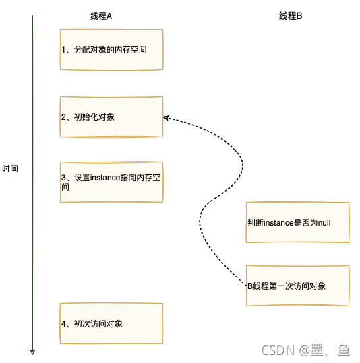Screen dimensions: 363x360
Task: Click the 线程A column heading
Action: pyautogui.click(x=100, y=16)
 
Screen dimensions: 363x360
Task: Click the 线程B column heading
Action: pyautogui.click(x=291, y=16)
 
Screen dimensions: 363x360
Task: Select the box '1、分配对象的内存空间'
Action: pyautogui.click(x=111, y=49)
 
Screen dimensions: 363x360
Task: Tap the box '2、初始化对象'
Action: pyautogui.click(x=111, y=117)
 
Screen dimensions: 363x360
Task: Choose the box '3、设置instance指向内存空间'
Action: pyautogui.click(x=111, y=182)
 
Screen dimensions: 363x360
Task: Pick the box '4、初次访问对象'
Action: pyautogui.click(x=111, y=323)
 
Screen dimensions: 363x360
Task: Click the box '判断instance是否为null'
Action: pyautogui.click(x=297, y=222)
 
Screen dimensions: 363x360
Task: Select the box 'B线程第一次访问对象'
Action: pyautogui.click(x=297, y=286)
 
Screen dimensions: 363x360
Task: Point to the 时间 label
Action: pyautogui.click(x=10, y=169)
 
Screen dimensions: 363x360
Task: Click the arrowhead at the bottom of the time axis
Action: pyautogui.click(x=32, y=350)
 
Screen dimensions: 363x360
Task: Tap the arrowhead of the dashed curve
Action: pyautogui.click(x=166, y=117)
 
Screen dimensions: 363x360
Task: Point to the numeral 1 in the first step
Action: pyautogui.click(x=64, y=49)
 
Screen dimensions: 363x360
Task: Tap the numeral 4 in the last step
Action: pyautogui.click(x=64, y=324)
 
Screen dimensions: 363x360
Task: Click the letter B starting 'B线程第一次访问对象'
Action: pyautogui.click(x=249, y=286)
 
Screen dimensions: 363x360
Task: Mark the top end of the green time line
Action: pyautogui.click(x=32, y=17)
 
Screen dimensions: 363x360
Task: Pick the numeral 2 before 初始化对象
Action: pyautogui.click(x=64, y=117)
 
